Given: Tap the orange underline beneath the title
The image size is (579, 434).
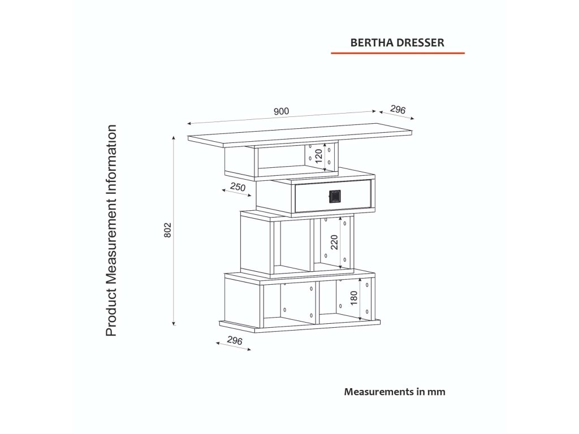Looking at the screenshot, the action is click(x=397, y=53).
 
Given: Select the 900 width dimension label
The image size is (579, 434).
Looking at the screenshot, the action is click(x=281, y=111).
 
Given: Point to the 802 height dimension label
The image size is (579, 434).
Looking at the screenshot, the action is click(x=167, y=231).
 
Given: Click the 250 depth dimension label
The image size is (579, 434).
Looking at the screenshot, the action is click(x=238, y=187).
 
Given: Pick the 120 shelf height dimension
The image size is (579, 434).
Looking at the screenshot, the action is click(x=318, y=155).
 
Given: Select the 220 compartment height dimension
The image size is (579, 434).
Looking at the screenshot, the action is click(x=334, y=242).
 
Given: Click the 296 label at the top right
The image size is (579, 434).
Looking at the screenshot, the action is click(x=398, y=110).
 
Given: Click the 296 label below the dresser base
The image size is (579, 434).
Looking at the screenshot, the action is click(x=234, y=341).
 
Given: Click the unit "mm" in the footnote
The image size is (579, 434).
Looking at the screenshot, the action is click(x=437, y=391).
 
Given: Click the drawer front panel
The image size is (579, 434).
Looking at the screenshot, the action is click(x=311, y=196).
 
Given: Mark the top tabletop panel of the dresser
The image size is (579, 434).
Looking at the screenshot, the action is click(x=300, y=136).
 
